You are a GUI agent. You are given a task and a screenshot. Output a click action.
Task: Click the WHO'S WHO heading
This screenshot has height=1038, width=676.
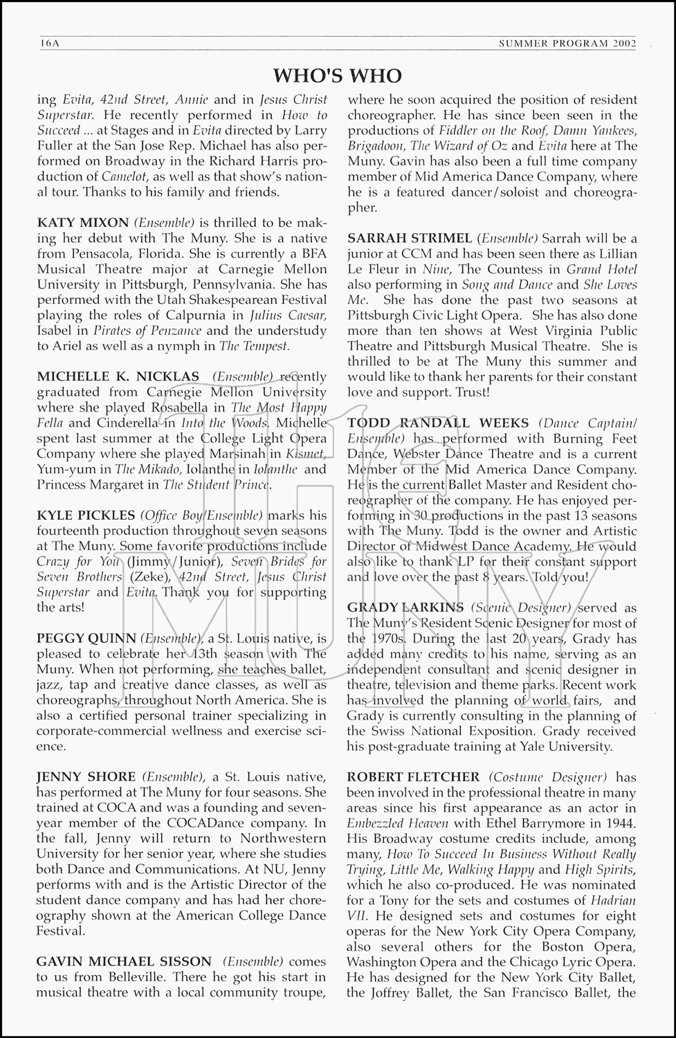click(x=338, y=75)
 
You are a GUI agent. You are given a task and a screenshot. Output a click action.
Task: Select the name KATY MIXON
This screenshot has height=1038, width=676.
click(x=82, y=223)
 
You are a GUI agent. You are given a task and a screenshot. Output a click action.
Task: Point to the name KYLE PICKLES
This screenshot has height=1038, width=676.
click(x=86, y=515)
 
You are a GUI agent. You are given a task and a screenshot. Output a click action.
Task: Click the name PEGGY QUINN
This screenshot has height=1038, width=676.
click(x=86, y=638)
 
